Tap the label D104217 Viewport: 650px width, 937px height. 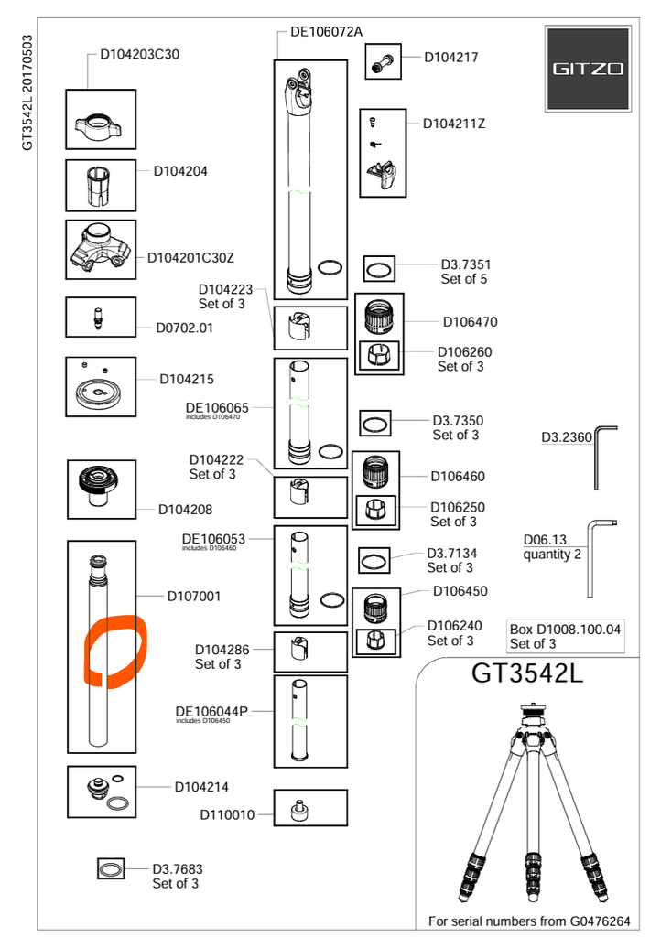[451, 57]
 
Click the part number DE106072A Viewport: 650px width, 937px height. [327, 31]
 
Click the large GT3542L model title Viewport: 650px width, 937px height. [527, 673]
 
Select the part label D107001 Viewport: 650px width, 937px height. [194, 596]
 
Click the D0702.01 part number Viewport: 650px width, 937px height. [184, 328]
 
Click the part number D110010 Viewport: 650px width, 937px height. [227, 813]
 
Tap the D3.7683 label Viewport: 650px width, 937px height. [177, 868]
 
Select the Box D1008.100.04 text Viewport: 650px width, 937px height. [565, 630]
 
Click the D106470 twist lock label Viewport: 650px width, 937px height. [471, 321]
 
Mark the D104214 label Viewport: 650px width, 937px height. [201, 786]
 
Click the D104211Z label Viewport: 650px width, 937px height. [454, 124]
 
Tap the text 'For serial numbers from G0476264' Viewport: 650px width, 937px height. [529, 920]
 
